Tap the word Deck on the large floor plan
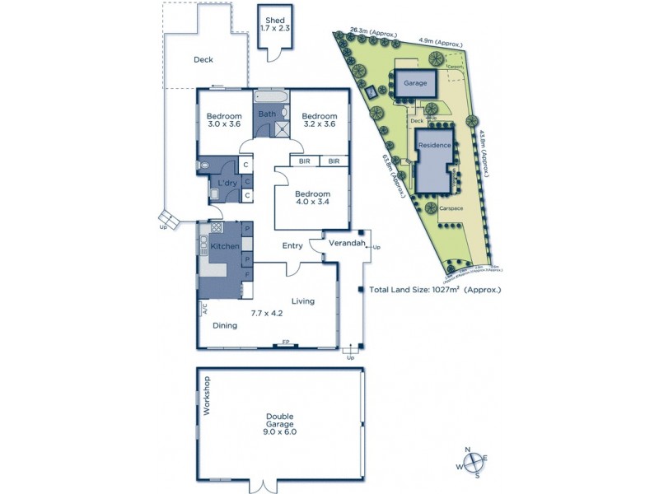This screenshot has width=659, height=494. coord(203,59)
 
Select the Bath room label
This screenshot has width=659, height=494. coord(267,114)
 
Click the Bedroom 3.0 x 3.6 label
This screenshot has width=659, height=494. coord(223,120)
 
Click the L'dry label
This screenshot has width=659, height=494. coord(227,182)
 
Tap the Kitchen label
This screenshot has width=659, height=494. coord(224,246)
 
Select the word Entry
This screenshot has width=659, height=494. coord(292,245)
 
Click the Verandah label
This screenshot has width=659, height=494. coord(346,244)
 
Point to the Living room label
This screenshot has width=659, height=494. coord(302,301)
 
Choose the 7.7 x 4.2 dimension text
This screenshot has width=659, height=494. coord(267,313)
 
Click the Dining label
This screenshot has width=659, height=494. coord(225,325)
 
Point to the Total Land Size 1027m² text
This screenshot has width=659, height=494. coord(435,290)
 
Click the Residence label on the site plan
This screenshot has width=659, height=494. coord(435,146)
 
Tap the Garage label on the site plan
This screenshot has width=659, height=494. coord(414,83)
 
